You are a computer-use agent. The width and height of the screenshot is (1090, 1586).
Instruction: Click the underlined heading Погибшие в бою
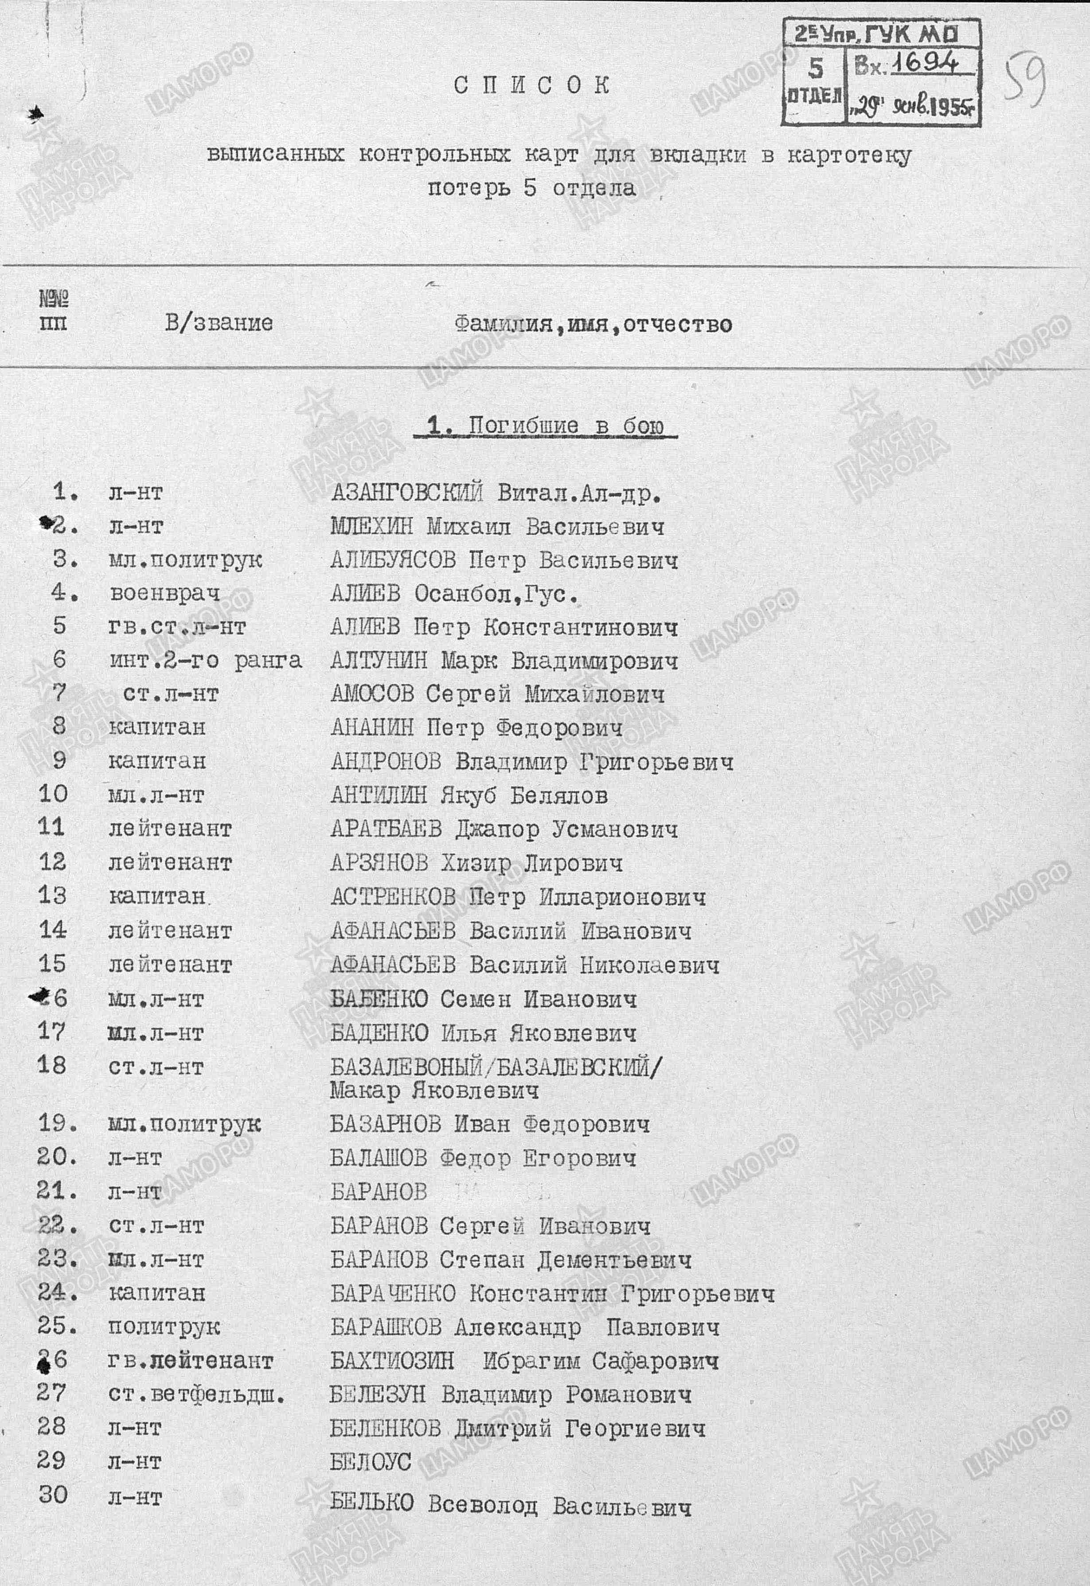click(x=545, y=426)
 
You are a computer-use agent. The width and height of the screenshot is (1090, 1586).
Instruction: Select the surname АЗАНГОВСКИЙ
click(x=406, y=493)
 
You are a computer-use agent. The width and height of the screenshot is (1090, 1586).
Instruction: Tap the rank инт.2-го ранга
click(x=205, y=660)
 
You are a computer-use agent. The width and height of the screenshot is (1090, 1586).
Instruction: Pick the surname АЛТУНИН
click(x=379, y=660)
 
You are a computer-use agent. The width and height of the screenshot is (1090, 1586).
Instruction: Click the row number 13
click(x=53, y=895)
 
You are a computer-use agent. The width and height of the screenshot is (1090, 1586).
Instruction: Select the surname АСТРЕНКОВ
click(x=393, y=896)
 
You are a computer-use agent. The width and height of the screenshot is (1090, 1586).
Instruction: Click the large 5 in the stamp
click(x=816, y=68)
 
